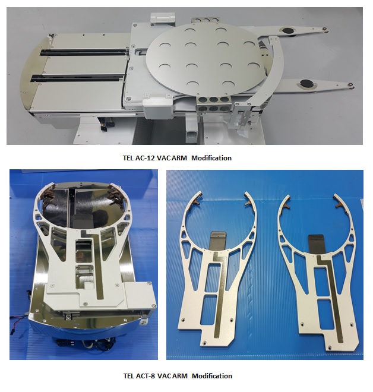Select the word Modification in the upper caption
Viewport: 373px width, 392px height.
click(x=211, y=158)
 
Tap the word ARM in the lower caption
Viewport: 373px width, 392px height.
click(x=180, y=376)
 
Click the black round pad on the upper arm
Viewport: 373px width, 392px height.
click(x=286, y=30)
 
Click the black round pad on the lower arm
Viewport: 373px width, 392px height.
click(x=306, y=83)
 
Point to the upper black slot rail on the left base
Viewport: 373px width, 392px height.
click(x=84, y=52)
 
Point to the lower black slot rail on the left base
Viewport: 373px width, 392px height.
click(x=77, y=77)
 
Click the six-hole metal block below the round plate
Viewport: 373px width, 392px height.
click(x=213, y=104)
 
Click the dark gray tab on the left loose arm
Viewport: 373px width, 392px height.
click(x=218, y=240)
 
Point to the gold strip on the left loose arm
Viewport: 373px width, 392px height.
click(x=220, y=295)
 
